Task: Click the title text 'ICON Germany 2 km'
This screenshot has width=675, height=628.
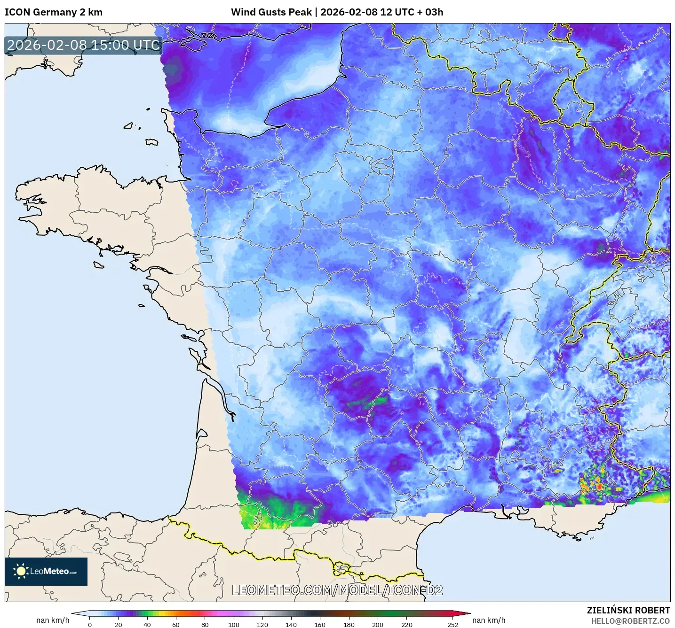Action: tap(54, 12)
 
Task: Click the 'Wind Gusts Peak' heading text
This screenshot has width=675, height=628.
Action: tap(271, 12)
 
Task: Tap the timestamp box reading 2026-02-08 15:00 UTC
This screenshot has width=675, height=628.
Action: tap(84, 45)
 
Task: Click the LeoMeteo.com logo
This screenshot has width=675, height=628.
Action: tap(46, 571)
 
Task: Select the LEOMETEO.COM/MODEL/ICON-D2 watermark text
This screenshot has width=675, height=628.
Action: tap(337, 590)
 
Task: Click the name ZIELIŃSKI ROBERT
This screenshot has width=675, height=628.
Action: tap(628, 610)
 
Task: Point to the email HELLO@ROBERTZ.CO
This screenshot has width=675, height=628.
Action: tap(630, 621)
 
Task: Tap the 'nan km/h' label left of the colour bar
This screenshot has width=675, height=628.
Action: tap(53, 620)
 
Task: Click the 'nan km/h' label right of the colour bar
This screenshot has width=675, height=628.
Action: tap(489, 620)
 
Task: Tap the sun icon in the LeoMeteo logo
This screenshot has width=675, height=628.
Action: tap(21, 571)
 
